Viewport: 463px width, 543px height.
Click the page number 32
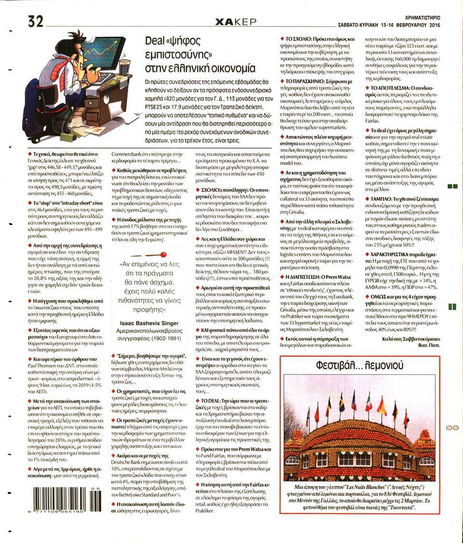(35, 21)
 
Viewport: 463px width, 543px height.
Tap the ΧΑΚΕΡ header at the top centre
(235, 22)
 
